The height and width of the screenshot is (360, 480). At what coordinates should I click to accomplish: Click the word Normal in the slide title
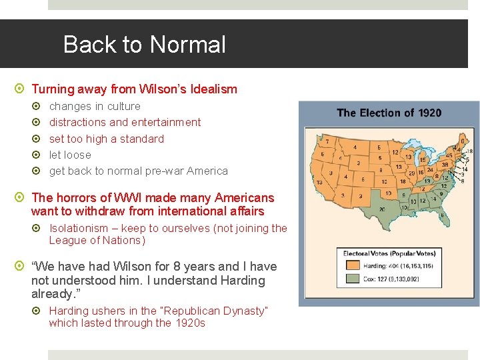coord(188,45)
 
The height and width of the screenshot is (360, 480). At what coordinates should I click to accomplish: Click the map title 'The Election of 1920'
coord(389,113)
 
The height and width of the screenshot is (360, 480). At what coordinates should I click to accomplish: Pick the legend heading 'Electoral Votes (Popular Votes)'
coord(389,253)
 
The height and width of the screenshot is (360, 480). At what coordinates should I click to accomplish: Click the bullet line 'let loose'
coord(70,155)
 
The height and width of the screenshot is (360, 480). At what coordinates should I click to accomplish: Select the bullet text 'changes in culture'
coord(95,106)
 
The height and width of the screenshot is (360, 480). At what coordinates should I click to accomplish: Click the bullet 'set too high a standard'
coord(106,139)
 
